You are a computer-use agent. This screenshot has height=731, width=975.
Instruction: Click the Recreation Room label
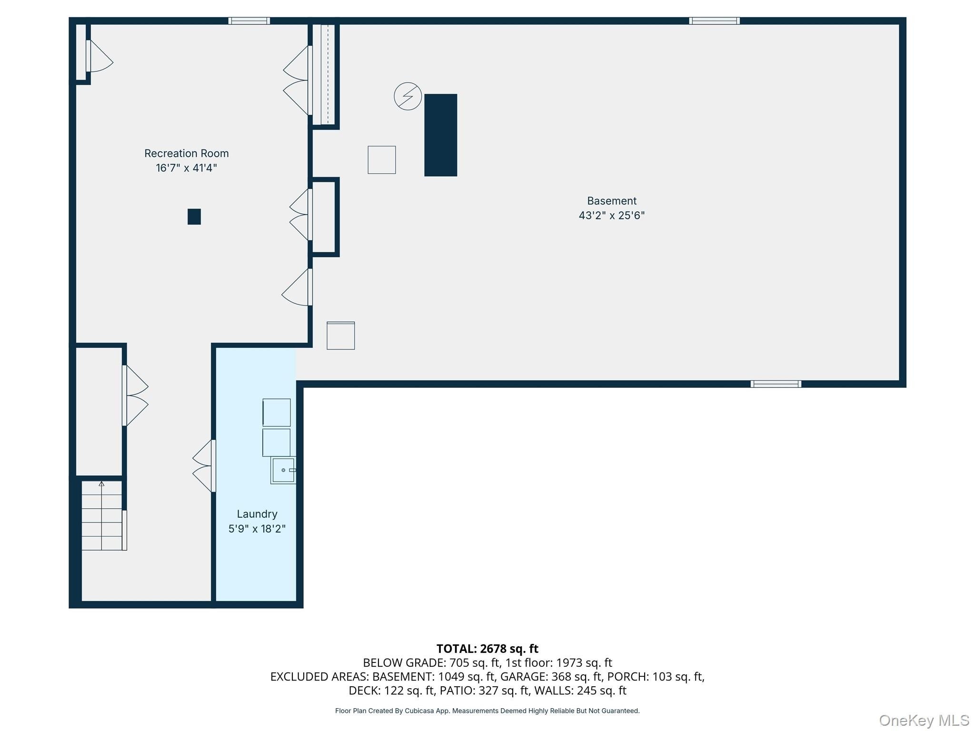pyautogui.click(x=186, y=153)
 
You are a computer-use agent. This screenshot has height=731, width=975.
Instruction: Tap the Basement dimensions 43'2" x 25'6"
pyautogui.click(x=611, y=215)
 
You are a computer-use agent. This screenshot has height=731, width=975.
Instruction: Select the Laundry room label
pyautogui.click(x=257, y=514)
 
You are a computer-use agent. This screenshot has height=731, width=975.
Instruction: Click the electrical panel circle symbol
pyautogui.click(x=408, y=96)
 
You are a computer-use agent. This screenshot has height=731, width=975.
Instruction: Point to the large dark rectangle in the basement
pyautogui.click(x=441, y=135)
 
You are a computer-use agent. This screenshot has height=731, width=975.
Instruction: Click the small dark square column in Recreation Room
pyautogui.click(x=194, y=217)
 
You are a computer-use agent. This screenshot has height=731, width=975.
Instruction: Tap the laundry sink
pyautogui.click(x=283, y=470)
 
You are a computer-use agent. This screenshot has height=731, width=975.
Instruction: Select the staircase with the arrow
pyautogui.click(x=102, y=516)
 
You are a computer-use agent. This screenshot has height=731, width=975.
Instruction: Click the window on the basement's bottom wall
pyautogui.click(x=776, y=384)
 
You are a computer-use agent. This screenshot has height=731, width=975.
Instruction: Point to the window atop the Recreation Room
pyautogui.click(x=249, y=21)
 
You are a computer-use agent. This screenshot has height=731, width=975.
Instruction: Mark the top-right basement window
pyautogui.click(x=714, y=21)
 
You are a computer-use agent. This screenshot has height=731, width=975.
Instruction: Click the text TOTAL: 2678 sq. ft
pyautogui.click(x=487, y=649)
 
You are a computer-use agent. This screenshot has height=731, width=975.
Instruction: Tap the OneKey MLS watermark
pyautogui.click(x=924, y=720)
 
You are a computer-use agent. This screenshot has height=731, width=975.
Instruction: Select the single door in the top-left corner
pyautogui.click(x=99, y=56)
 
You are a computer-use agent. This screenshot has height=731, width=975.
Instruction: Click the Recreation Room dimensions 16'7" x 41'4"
pyautogui.click(x=186, y=168)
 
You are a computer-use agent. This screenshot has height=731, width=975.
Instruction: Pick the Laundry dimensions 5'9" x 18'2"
pyautogui.click(x=257, y=529)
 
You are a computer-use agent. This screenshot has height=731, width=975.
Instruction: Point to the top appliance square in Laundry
pyautogui.click(x=277, y=413)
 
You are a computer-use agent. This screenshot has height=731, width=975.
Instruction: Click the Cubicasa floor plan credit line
pyautogui.click(x=487, y=711)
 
